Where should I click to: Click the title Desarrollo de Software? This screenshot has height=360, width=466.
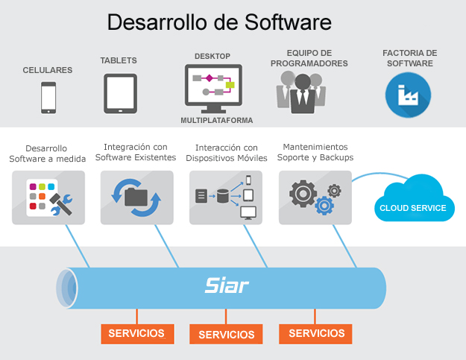coord(219,22)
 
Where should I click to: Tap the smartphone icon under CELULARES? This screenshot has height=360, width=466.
coord(48,97)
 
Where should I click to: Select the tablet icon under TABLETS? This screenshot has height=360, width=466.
coord(120,93)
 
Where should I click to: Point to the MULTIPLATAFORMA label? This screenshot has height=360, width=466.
coord(216,120)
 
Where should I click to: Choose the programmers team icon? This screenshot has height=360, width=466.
coord(301,93)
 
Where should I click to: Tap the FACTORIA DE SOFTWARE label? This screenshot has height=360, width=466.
coord(409,58)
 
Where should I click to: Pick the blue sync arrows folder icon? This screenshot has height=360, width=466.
coord(136,198)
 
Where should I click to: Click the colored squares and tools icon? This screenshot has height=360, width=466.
coord(48,198)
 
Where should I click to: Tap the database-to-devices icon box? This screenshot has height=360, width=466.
coord(226,198)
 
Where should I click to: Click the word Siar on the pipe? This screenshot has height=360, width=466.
coord(227,285)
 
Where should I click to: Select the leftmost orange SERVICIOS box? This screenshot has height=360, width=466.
coord(137,333)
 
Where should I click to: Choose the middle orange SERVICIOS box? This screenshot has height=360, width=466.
coord(227,335)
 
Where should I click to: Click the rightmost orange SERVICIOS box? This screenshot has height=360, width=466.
coord(316,333)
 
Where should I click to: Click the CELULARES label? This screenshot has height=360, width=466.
coord(48,70)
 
